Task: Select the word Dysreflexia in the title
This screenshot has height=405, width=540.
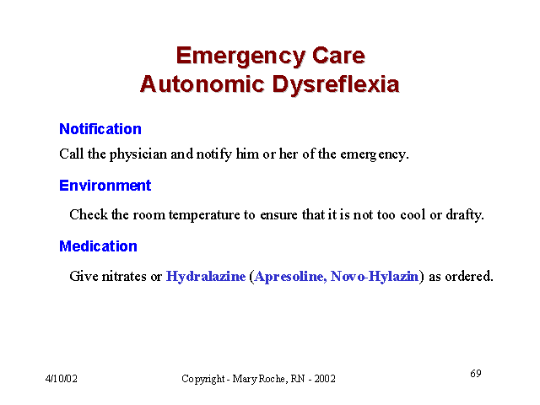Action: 336,84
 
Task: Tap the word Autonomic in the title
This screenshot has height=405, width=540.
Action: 202,84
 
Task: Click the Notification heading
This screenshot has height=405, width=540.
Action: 100,129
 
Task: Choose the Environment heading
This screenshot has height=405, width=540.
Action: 105,186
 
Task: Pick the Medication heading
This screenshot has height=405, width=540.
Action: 98,246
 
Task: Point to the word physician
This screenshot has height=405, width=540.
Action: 138,154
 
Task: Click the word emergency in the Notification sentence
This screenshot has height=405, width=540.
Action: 375,154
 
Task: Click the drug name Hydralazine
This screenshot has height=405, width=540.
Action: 206,276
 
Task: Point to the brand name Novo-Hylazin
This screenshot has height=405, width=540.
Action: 375,277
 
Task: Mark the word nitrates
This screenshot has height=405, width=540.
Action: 124,277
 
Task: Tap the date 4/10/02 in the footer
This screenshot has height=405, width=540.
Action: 62,379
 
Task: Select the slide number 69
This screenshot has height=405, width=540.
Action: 476,373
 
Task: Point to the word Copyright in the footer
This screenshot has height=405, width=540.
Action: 203,379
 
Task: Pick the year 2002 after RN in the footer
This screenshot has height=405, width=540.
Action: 325,379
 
